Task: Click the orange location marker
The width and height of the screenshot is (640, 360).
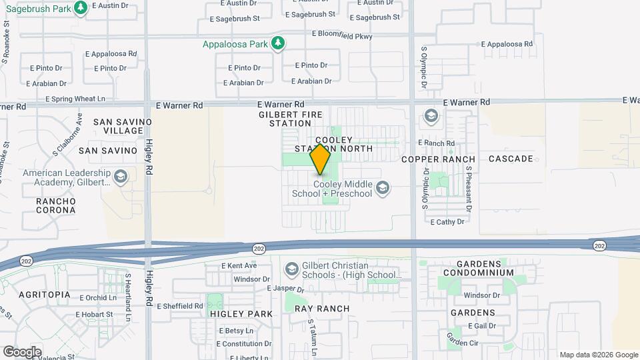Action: [x=321, y=159]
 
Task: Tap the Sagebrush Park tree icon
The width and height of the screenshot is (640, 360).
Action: [x=81, y=7]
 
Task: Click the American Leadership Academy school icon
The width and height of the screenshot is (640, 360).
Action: [x=121, y=177]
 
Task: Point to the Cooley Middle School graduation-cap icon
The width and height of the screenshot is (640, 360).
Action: [x=383, y=189]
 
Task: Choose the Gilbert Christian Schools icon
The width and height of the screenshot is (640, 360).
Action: [x=291, y=269]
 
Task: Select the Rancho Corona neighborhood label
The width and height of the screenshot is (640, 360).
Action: [x=56, y=205]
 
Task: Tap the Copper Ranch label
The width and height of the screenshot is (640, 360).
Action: [x=438, y=159]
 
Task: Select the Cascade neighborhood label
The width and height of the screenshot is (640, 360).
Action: [x=511, y=159]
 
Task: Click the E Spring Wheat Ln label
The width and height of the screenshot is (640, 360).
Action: [x=75, y=99]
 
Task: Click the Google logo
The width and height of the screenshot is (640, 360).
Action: [x=22, y=352]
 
